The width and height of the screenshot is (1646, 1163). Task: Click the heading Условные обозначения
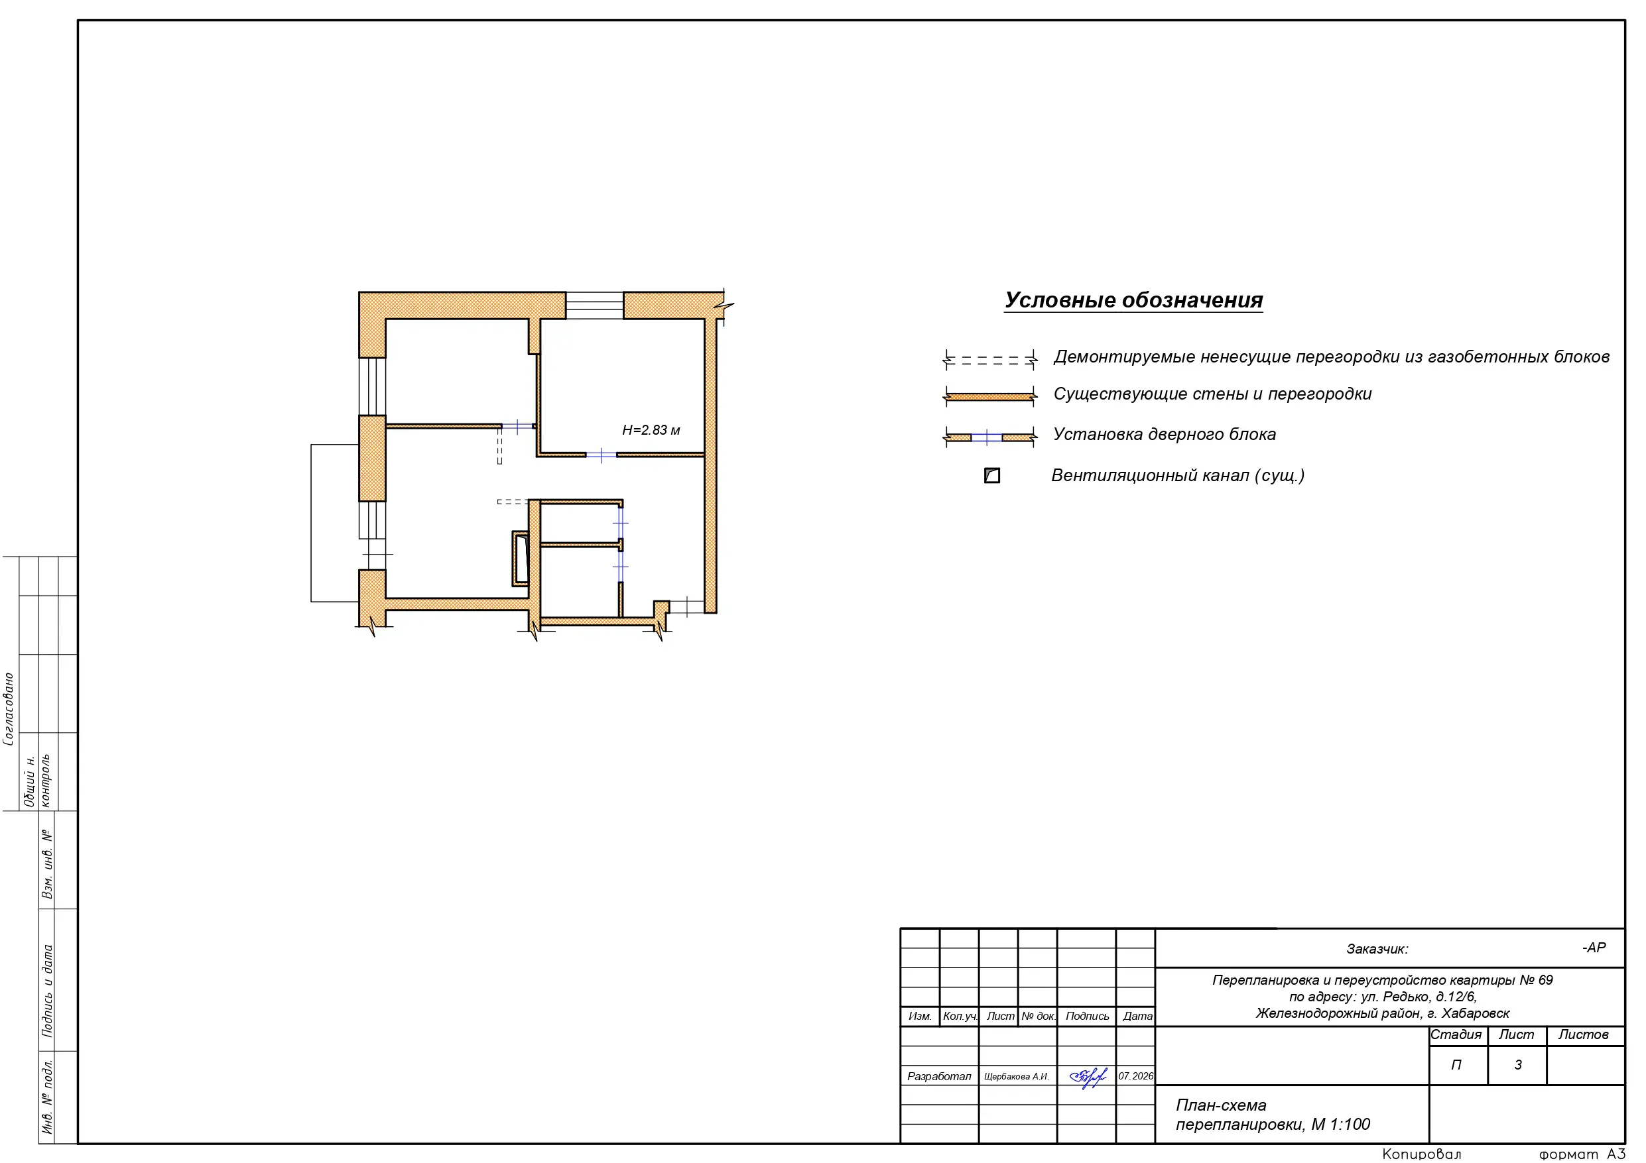click(1133, 300)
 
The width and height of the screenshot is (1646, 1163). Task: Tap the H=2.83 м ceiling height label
click(651, 430)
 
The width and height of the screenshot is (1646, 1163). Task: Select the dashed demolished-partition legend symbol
click(990, 360)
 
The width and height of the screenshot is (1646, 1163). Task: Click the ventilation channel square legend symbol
click(992, 475)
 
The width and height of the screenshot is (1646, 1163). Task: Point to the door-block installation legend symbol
click(990, 437)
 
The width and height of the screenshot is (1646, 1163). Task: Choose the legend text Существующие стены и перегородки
click(1212, 394)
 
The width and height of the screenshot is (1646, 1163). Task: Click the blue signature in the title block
click(1088, 1077)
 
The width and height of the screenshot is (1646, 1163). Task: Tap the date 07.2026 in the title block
click(1136, 1076)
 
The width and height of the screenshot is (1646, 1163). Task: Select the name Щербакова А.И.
click(1017, 1076)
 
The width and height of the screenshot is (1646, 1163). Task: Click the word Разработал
click(939, 1076)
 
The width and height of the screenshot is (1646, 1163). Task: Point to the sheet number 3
click(1517, 1065)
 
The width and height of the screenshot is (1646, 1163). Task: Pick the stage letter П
click(1456, 1065)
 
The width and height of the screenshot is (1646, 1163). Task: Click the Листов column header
click(1584, 1034)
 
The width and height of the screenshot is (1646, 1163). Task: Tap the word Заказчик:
click(1377, 950)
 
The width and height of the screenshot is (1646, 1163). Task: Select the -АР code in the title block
click(1594, 948)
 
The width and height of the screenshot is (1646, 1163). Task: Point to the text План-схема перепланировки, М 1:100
click(1273, 1115)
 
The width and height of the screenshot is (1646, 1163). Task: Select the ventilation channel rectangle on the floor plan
click(521, 558)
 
